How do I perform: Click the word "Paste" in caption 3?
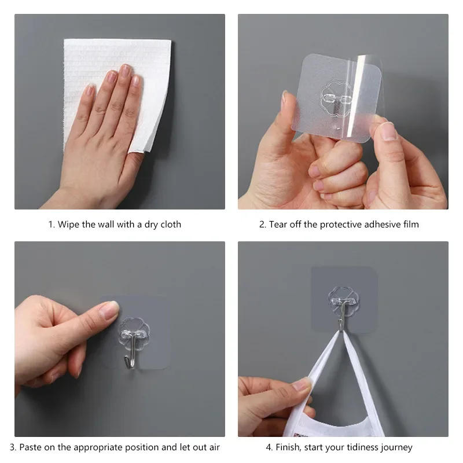pyautogui.click(x=31, y=447)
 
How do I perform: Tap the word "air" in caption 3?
pyautogui.click(x=213, y=447)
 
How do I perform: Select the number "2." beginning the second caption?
pyautogui.click(x=262, y=224)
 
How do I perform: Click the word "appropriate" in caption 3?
pyautogui.click(x=108, y=447)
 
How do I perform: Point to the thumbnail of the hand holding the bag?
pyautogui.click(x=301, y=384)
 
